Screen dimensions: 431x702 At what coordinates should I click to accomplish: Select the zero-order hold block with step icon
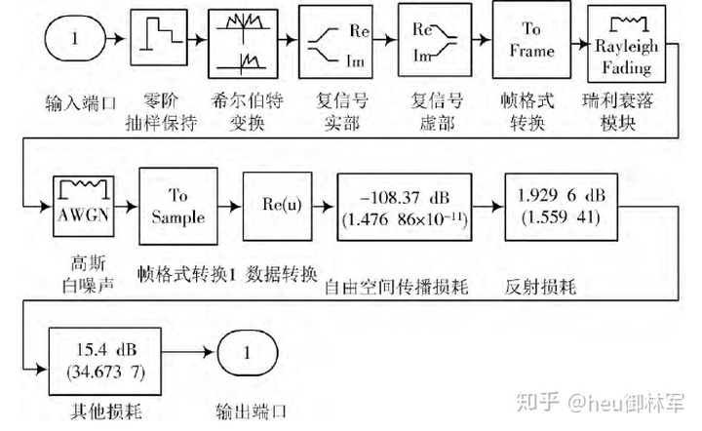click(x=160, y=40)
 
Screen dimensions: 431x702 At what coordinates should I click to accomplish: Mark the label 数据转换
click(x=282, y=274)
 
